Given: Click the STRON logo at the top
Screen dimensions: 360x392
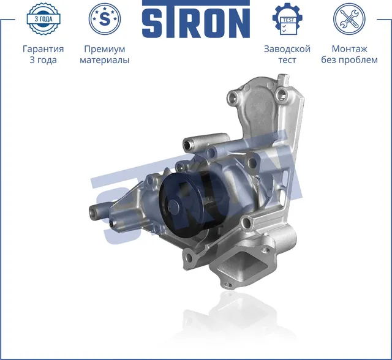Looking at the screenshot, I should tap(196, 22).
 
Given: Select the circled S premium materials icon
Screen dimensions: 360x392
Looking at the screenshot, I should tap(105, 18).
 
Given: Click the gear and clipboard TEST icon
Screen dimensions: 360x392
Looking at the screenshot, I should tap(287, 19).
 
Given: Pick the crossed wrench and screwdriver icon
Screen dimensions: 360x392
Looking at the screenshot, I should tap(349, 18).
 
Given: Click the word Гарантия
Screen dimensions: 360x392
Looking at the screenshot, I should tap(43, 49).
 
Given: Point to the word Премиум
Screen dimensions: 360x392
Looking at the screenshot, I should tap(104, 49).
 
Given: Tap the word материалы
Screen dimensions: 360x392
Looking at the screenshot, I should tap(105, 60).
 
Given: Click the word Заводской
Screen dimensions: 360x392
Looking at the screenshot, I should tap(287, 49).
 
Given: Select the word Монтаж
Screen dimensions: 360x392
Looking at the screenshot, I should tap(349, 49).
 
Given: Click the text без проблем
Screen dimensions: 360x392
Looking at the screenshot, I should tap(349, 60).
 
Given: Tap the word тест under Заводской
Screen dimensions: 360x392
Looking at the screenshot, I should tap(287, 60).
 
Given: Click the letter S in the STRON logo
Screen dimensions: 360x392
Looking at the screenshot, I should tap(153, 23).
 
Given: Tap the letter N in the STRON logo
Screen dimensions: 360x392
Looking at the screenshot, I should tap(239, 23).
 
